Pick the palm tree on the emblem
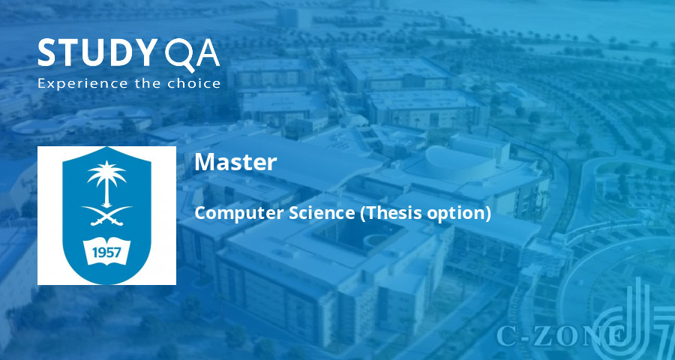pos(106,180)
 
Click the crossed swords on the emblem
pos(106,215)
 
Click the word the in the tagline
pos(144,82)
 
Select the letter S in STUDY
pos(48,54)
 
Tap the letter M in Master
pos(204,162)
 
